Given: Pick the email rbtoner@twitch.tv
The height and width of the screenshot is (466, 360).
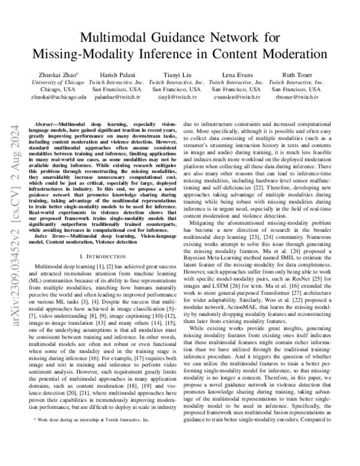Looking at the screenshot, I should click(294, 96).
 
